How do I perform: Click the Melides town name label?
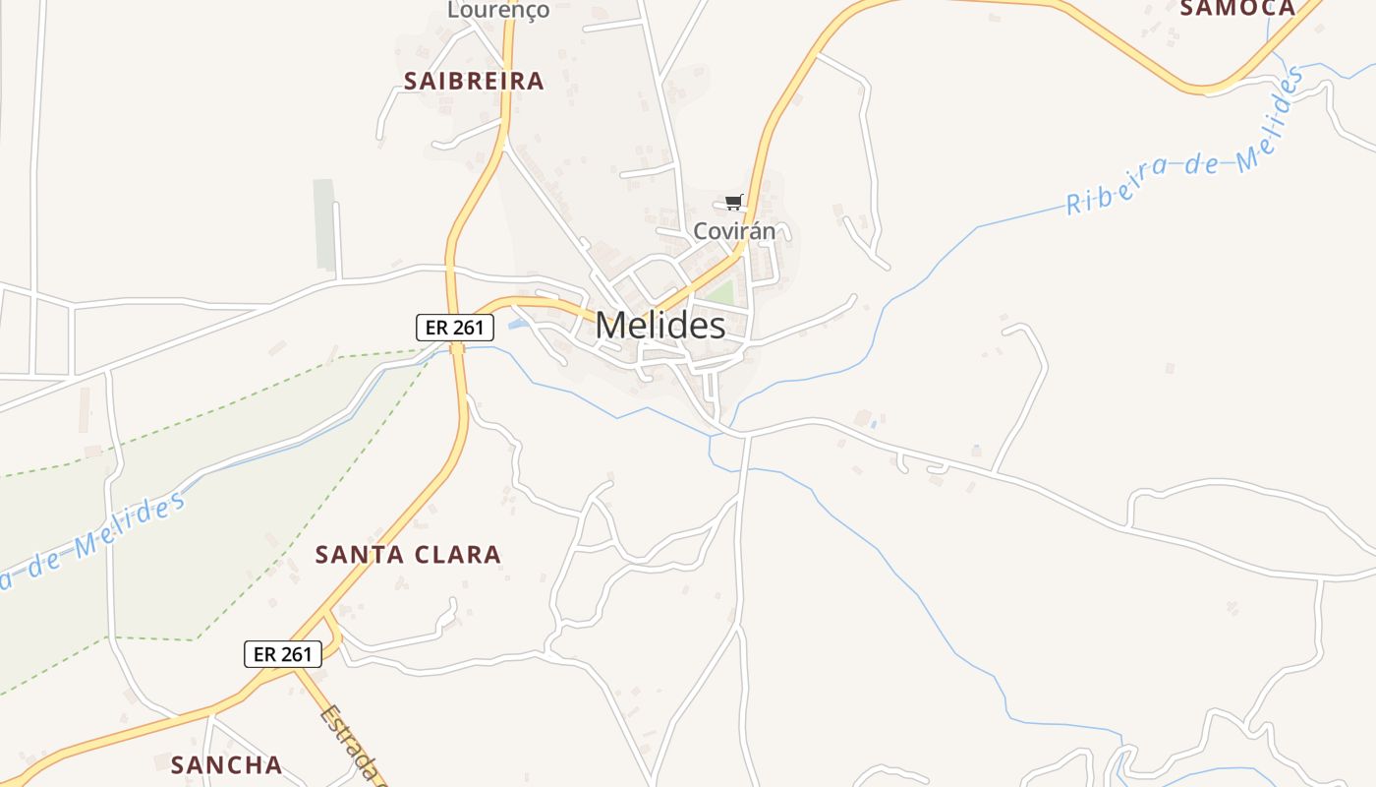[x=660, y=326]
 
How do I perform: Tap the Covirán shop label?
[x=734, y=231]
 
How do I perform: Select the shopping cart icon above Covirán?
[x=733, y=203]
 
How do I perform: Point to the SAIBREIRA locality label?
[x=474, y=81]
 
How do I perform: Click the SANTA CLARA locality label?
[x=408, y=555]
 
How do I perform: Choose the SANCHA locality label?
[x=226, y=764]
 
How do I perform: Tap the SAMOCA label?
[x=1237, y=9]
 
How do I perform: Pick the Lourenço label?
[x=498, y=11]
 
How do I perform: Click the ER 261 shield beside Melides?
[x=454, y=328]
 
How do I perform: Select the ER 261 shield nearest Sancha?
[x=283, y=654]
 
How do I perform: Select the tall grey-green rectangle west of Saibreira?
[x=324, y=224]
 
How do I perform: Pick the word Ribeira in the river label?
[x=1114, y=186]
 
